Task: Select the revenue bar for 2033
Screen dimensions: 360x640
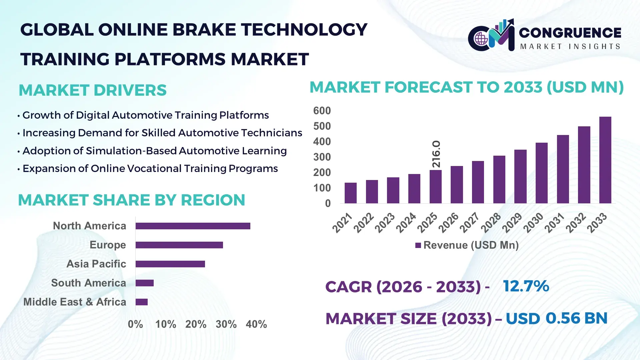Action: tap(605, 160)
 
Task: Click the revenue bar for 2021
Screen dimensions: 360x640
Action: tap(350, 193)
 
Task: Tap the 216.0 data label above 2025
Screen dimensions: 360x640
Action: tap(436, 154)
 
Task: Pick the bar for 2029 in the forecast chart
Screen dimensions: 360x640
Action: tap(520, 177)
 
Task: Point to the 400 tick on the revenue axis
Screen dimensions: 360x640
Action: tap(322, 142)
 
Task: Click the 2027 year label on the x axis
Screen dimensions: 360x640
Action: tap(470, 222)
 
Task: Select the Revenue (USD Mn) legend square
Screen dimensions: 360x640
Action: tap(418, 246)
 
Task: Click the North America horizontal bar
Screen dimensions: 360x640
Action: tap(193, 226)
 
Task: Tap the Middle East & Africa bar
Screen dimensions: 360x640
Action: tap(141, 302)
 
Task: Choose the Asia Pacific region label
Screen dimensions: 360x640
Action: tap(96, 264)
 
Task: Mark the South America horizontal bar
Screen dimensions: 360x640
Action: tap(144, 283)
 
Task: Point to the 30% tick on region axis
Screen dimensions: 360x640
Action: tap(226, 324)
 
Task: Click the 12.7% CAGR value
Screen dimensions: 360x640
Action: tap(526, 286)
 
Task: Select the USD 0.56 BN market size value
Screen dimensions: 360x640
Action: tap(556, 318)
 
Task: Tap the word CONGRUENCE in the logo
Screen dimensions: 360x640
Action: tap(570, 33)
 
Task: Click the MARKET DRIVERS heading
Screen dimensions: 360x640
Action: tap(92, 90)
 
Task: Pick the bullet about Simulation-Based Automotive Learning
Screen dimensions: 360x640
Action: tap(154, 151)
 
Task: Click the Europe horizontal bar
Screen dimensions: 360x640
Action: tap(179, 245)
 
